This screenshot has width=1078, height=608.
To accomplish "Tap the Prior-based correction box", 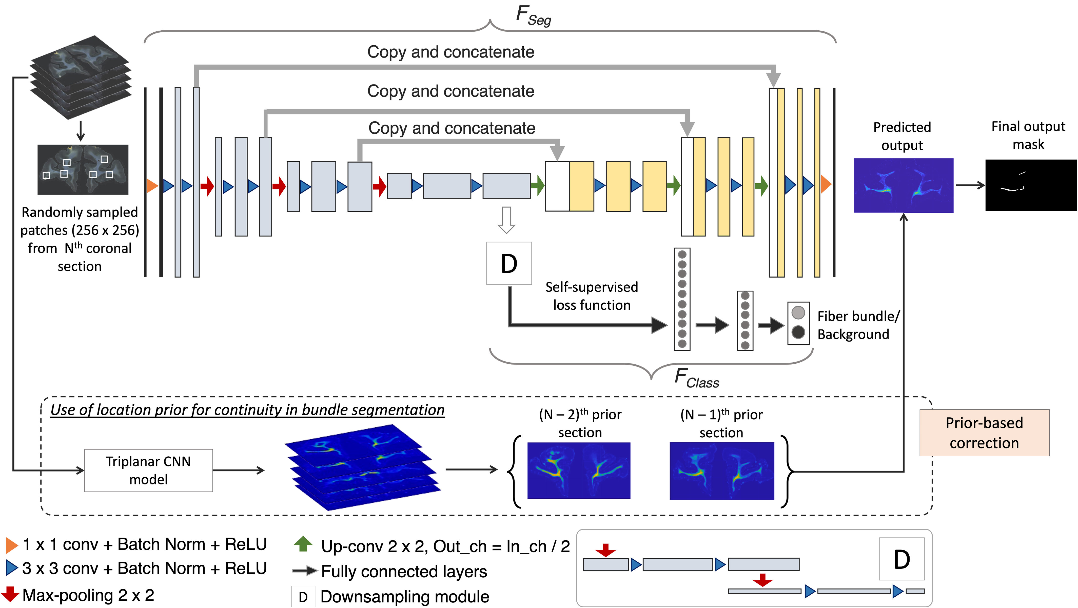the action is point(984,433).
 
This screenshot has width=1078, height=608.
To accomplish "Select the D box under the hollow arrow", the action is point(509,263).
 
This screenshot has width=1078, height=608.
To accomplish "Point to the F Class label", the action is point(697,378).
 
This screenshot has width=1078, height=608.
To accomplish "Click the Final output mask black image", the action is point(1031,185).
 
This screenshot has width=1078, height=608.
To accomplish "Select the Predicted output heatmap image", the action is point(904,185).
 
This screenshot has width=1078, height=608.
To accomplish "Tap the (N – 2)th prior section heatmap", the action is point(579,470).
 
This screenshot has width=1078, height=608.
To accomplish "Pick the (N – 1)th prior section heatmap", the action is point(722,471).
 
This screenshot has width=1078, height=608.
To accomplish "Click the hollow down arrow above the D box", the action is point(506,220).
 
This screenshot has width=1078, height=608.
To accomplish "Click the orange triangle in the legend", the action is point(12,545).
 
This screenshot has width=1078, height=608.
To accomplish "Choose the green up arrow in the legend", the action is point(303,544).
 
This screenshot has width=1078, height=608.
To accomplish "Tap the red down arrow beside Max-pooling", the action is point(10,594).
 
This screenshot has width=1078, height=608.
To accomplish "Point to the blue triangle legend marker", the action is point(12,568).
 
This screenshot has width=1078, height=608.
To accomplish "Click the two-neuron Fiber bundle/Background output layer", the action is point(798,323).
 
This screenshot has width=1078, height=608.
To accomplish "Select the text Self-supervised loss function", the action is point(592,296).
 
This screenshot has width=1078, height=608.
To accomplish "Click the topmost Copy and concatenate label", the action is point(451,52).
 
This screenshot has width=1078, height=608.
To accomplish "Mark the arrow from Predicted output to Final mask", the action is point(970,185).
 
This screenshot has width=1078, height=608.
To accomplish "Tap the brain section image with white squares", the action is point(83,169).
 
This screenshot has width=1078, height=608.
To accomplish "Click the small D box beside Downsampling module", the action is point(303,597).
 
